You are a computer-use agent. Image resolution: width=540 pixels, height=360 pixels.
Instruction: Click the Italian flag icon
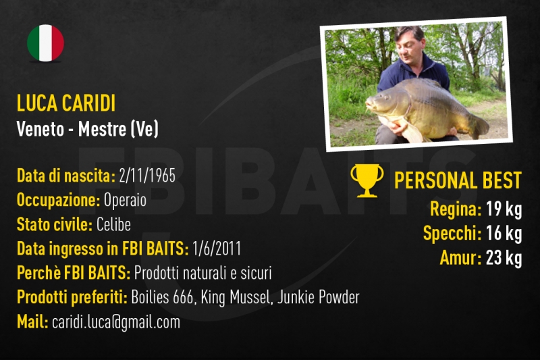pos(45,43)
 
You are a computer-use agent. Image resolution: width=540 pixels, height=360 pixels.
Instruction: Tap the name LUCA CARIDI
pos(66,103)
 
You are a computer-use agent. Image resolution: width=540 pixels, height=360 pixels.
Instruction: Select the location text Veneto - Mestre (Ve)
pos(88,129)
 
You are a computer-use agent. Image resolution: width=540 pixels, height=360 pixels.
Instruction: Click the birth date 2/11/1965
pos(147,176)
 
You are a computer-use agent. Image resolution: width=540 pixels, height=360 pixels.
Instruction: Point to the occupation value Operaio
pos(125,200)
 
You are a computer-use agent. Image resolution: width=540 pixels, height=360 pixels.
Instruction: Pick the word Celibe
pos(113,225)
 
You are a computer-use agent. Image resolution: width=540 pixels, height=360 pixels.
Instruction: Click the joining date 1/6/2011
pos(217,249)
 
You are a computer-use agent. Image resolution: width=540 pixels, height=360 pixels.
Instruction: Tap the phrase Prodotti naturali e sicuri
pos(203,273)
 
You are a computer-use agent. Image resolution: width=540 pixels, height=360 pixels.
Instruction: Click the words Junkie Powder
pos(319,297)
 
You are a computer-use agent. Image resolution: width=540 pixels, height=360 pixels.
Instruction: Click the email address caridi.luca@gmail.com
pos(116,322)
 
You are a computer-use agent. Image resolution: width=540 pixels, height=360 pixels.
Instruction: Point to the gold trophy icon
pos(367,180)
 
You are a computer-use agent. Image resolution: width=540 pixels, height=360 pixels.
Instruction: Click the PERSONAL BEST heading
pos(458,180)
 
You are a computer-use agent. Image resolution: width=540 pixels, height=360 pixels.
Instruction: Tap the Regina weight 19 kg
pos(504,209)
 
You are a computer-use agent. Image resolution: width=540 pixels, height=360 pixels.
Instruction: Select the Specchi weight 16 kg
pos(504,233)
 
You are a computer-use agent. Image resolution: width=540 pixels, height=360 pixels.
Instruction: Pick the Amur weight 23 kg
pos(504,258)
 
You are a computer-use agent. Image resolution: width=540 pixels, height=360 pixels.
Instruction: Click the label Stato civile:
pos(55,225)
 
